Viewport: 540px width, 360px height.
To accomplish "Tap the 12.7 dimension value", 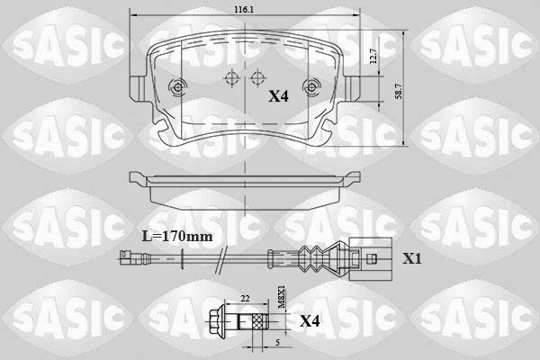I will pos(372,56).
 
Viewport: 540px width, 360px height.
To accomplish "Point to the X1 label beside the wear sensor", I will pos(412,258).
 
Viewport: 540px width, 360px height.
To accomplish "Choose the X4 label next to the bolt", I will pos(309,320).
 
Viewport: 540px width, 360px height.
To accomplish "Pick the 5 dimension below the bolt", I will pos(278,342).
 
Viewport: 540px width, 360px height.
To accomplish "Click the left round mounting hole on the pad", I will pos(176,87).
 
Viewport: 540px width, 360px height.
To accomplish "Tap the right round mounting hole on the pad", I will pos(312,87).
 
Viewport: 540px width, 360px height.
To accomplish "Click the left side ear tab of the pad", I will pos(137,90).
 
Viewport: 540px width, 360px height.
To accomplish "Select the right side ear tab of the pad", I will pos(352,90).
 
